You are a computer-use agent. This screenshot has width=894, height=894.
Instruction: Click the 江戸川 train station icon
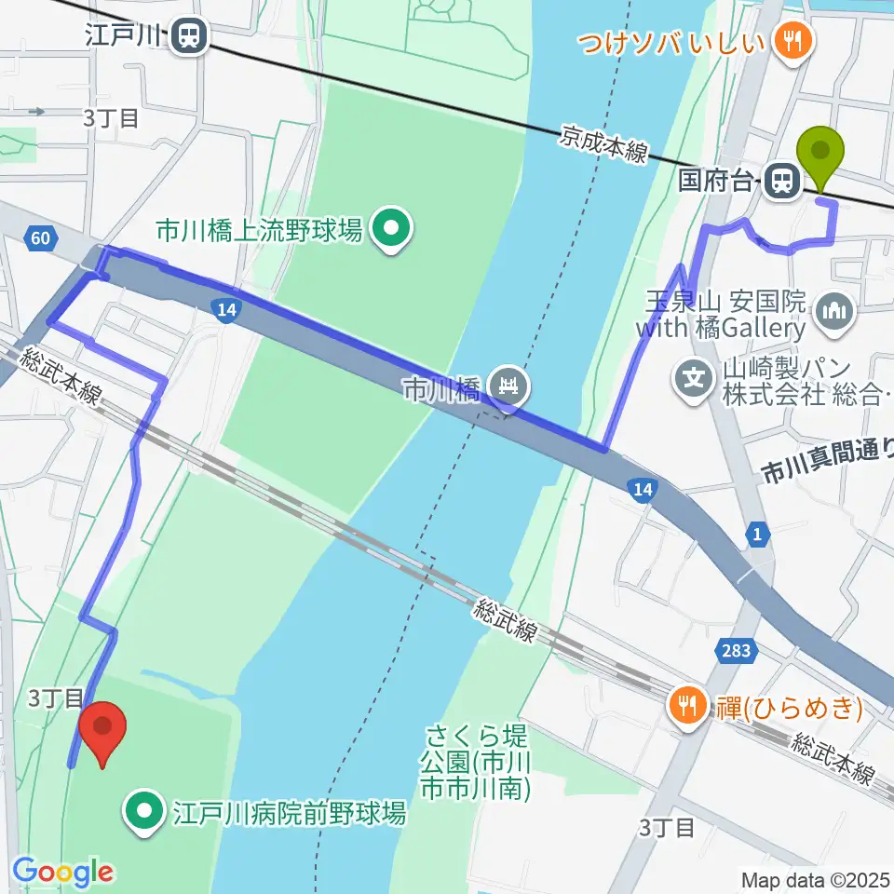click(189, 36)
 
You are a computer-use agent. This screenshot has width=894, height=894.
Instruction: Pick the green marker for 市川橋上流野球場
click(389, 229)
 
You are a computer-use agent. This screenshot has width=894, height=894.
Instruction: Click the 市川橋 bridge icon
click(508, 383)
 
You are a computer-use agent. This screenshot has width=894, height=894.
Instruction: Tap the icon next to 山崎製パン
click(695, 378)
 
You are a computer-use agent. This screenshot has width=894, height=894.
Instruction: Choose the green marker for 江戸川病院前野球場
click(144, 813)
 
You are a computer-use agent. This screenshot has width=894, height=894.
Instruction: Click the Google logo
click(62, 872)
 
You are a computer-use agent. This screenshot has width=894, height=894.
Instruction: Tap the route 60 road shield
click(39, 239)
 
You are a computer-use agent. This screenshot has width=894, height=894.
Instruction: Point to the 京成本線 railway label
click(603, 145)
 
